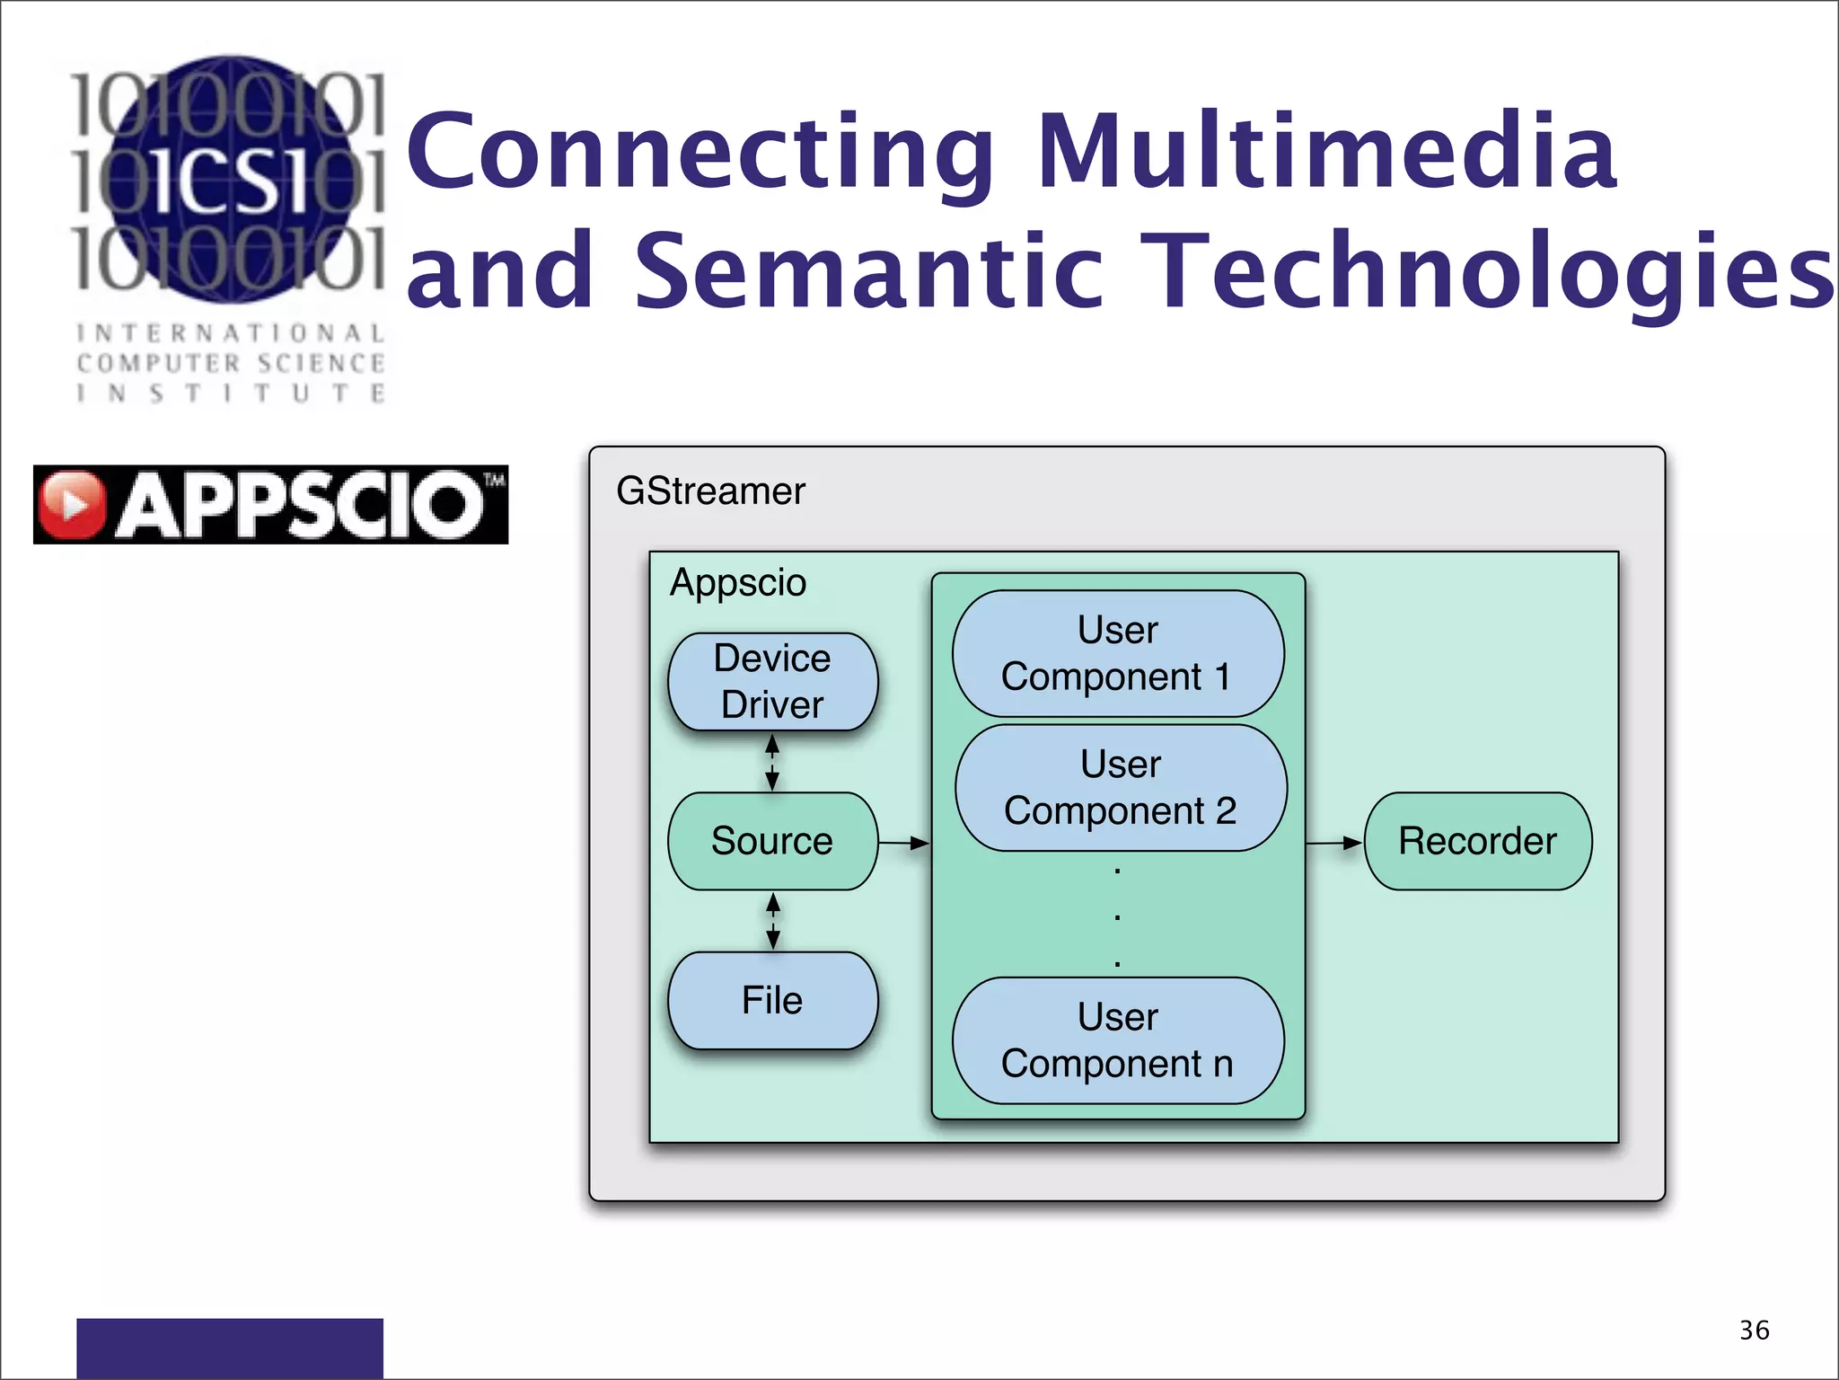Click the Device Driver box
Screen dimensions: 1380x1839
(x=772, y=681)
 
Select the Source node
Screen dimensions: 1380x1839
(x=772, y=841)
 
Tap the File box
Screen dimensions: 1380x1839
(x=772, y=1000)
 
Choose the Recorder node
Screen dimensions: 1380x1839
(x=1477, y=841)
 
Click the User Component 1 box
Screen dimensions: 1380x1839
(x=1118, y=653)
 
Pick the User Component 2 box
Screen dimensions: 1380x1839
(x=1121, y=788)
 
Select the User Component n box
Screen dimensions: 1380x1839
(x=1118, y=1040)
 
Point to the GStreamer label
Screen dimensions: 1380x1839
(x=710, y=491)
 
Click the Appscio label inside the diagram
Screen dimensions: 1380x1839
(x=738, y=582)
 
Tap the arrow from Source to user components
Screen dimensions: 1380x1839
(x=903, y=843)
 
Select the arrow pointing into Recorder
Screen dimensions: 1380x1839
(x=1334, y=843)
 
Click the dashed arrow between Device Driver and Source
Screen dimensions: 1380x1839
(x=772, y=762)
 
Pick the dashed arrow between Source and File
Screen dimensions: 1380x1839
(x=773, y=921)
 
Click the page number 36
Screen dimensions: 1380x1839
(x=1754, y=1330)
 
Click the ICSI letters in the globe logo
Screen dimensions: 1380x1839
(x=230, y=180)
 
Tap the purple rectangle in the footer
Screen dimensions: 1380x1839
(x=230, y=1348)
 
